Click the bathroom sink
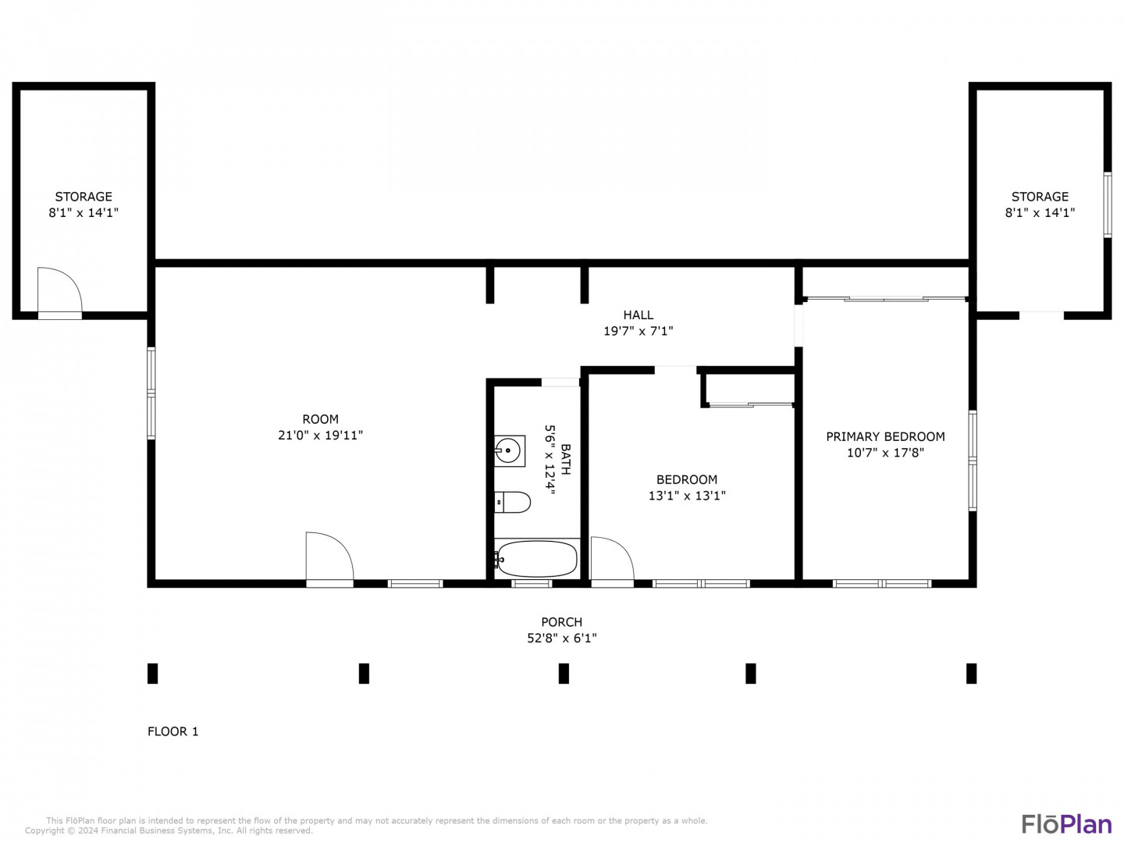pos(509,451)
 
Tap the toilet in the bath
pos(511,502)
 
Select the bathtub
pos(536,559)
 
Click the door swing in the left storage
pos(59,290)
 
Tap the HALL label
pos(638,315)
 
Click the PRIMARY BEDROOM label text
pos(885,436)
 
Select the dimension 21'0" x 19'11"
pos(321,435)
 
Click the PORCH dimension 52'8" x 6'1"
pos(562,638)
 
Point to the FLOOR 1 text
pos(173,731)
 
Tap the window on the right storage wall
pos(1107,205)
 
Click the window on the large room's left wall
pos(151,393)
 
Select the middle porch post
pos(564,674)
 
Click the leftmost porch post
pos(152,674)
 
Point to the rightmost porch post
pos(972,674)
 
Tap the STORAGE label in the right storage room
pos(1040,197)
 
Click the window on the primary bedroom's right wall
pos(973,461)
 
